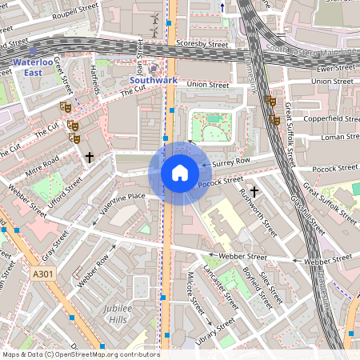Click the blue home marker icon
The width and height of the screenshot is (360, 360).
pos(180,172)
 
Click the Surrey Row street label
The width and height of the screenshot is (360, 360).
pos(232,162)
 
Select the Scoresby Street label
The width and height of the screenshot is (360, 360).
pos(202,45)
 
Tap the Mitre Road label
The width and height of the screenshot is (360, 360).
pos(42,165)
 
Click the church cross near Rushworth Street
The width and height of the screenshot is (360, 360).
pos(254,192)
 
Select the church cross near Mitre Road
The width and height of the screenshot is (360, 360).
pos(90,158)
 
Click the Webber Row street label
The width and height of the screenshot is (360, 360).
pos(92,270)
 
